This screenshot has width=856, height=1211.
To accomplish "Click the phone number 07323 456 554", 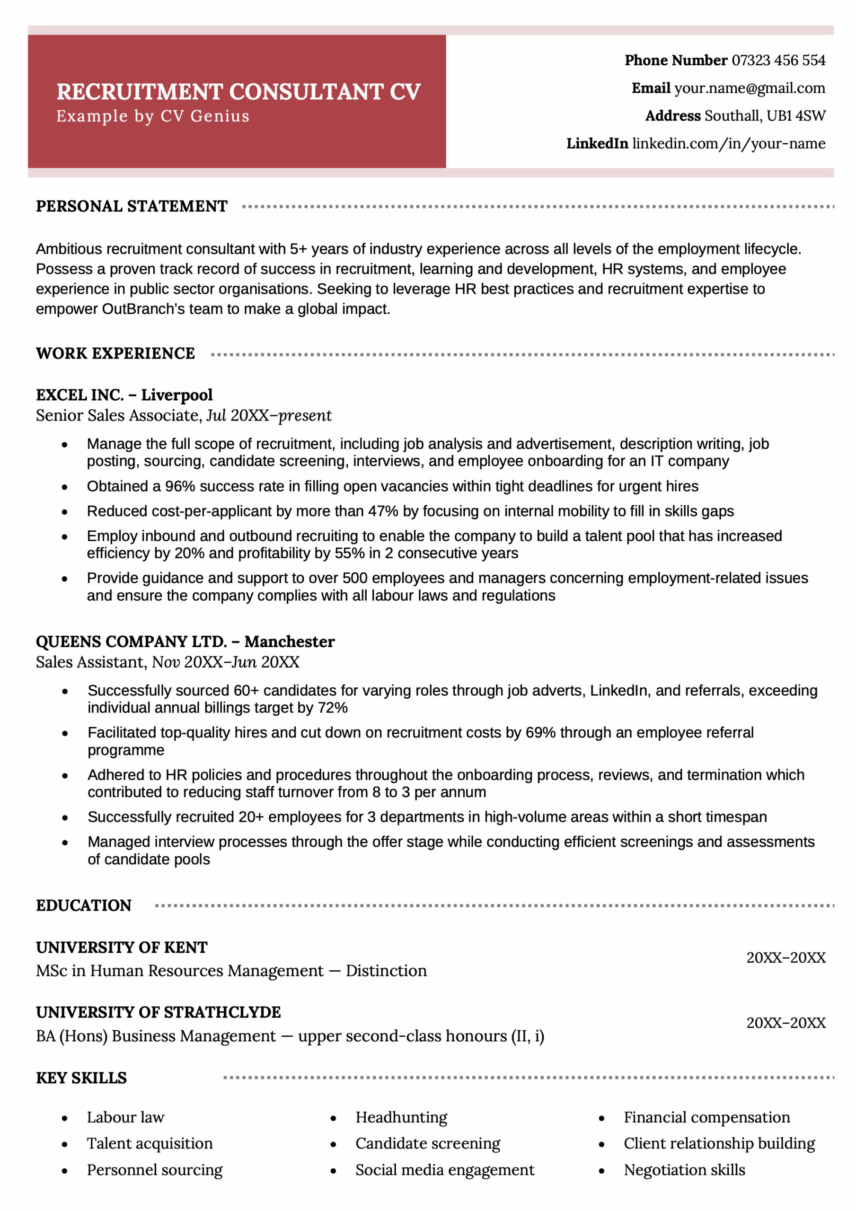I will tap(778, 61).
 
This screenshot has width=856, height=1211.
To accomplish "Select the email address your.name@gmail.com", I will tap(750, 88).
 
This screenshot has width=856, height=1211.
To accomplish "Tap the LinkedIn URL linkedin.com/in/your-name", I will tap(728, 143).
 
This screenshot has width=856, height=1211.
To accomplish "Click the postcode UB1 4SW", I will tap(795, 116).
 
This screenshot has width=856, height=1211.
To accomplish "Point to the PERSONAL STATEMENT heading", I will tap(132, 206).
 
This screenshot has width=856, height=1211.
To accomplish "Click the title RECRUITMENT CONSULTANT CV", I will tap(238, 92).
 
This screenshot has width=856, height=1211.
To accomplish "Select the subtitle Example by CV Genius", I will tap(152, 116).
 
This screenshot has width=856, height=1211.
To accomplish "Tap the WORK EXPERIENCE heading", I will tap(115, 353).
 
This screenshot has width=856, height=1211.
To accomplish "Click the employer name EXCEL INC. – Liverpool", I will tap(124, 395).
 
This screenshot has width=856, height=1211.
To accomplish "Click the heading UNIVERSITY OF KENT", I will tap(122, 948).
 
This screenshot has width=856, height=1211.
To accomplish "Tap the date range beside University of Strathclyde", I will tap(785, 1023).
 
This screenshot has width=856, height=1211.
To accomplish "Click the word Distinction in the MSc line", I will tap(386, 971).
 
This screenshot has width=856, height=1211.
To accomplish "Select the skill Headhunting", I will tap(401, 1117).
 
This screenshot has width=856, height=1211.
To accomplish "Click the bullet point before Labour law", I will tap(65, 1118).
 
